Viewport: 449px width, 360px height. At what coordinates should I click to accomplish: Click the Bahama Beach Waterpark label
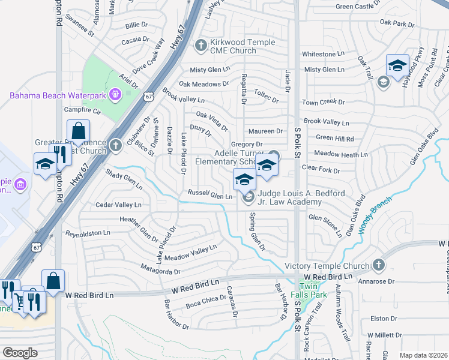(x=57, y=95)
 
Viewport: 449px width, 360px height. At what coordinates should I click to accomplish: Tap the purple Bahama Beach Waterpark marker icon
(x=116, y=94)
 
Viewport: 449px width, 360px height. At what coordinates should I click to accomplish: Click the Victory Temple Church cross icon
(x=378, y=265)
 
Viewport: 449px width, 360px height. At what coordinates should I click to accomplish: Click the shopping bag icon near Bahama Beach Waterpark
(x=78, y=130)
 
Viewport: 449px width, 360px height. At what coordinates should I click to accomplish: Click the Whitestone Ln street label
(x=323, y=54)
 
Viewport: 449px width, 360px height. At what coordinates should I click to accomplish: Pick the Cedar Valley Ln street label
(x=118, y=205)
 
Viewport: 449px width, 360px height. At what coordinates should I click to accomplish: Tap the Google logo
(x=20, y=353)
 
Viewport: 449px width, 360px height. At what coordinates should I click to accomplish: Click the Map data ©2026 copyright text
(x=423, y=355)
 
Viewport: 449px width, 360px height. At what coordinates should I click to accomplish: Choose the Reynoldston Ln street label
(x=88, y=233)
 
